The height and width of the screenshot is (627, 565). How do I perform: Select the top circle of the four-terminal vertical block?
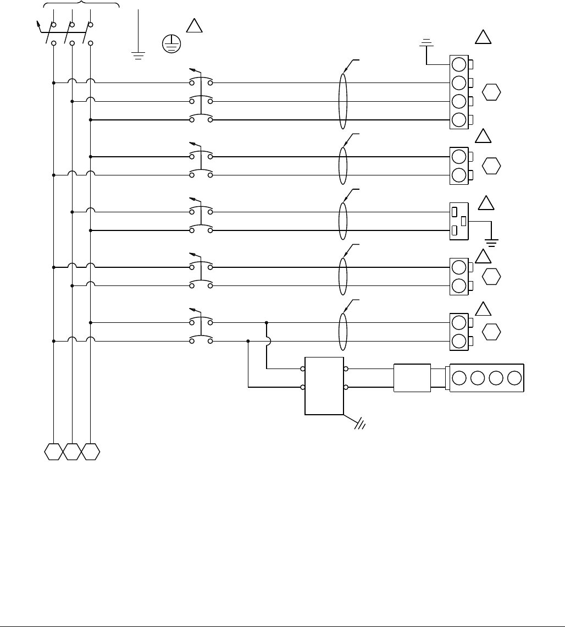tap(458, 64)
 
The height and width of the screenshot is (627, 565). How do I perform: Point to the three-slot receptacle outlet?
tap(458, 221)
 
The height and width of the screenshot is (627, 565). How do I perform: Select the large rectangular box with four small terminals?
tap(324, 387)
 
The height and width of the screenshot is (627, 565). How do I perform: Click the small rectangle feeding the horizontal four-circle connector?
tap(412, 378)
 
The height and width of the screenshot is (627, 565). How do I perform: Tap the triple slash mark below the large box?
tap(361, 425)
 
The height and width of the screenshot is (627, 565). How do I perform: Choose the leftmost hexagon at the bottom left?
tap(53, 452)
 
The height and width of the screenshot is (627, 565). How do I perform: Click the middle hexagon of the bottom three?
tap(72, 452)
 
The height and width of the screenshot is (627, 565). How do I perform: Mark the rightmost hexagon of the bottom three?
tap(91, 452)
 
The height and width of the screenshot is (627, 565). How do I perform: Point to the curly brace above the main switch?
tap(81, 4)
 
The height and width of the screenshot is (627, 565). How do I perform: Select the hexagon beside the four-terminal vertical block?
tap(492, 92)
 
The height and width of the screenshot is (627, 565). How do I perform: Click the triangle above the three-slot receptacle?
tap(486, 204)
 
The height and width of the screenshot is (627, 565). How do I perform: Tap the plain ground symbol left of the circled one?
tap(138, 53)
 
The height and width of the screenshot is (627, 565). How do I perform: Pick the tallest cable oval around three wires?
tap(344, 101)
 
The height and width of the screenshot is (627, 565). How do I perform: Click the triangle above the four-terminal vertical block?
tap(483, 37)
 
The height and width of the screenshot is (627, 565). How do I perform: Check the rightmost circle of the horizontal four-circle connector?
tap(514, 378)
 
